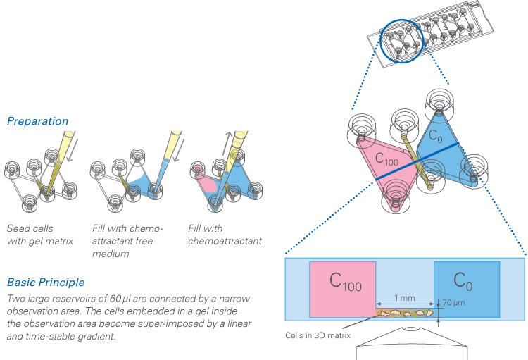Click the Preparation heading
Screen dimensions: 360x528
(x=37, y=121)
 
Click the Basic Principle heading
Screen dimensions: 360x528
(x=44, y=283)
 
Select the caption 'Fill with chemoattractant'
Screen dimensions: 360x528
(x=225, y=235)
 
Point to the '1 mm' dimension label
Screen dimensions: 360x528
(x=404, y=298)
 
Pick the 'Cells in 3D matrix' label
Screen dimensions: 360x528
(x=319, y=335)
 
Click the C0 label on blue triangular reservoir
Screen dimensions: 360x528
(x=437, y=135)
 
